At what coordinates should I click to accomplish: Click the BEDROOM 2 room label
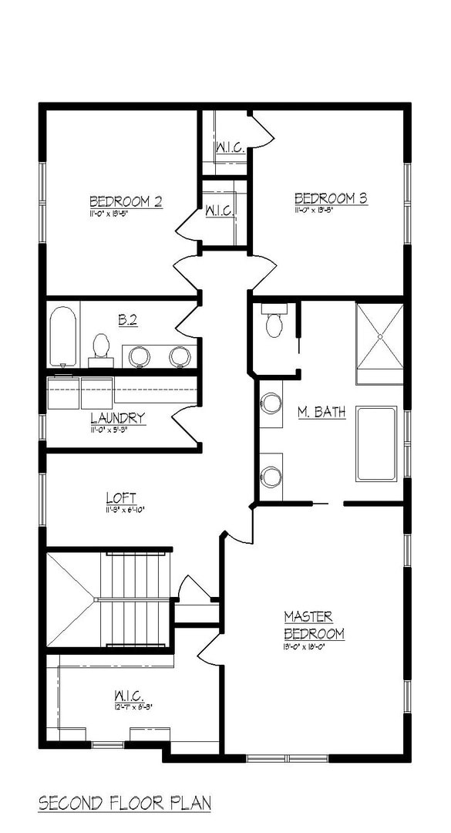125,201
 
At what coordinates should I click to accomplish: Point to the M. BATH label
321,413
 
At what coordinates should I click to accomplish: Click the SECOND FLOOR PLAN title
124,803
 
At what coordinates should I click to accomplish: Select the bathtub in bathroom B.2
62,337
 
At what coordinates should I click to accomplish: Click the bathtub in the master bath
376,443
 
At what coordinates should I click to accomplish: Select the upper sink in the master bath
271,403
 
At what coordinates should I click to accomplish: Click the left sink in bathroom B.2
139,356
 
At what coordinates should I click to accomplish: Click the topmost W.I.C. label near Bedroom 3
230,147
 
